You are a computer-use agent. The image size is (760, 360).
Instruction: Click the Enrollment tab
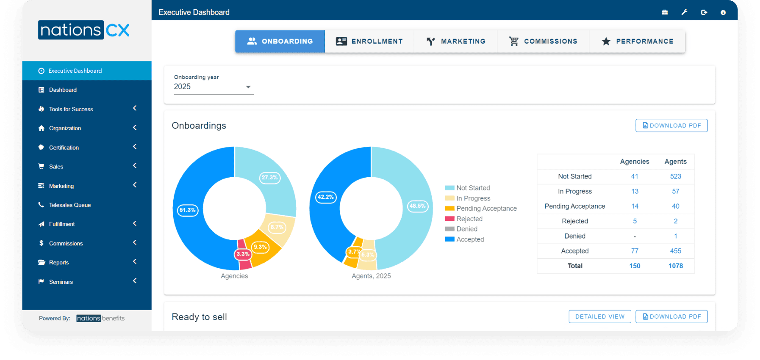(x=369, y=41)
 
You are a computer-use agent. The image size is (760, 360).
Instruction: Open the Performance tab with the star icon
(x=637, y=41)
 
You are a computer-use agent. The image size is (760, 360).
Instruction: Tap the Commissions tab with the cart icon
(x=543, y=41)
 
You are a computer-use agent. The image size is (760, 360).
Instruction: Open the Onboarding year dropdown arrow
(x=248, y=87)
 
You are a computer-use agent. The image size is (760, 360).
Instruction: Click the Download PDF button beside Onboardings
(x=671, y=126)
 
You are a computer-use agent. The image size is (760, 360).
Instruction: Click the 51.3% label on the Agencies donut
(x=187, y=210)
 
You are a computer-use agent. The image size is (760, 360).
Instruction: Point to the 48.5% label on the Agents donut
(x=417, y=206)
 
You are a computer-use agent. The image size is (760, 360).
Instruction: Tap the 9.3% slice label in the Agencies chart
(x=260, y=247)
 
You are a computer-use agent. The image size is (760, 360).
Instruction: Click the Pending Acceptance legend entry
(x=486, y=209)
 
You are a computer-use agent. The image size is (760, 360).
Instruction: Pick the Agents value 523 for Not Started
(x=675, y=176)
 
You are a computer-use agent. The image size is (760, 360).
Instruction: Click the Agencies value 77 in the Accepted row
(x=635, y=251)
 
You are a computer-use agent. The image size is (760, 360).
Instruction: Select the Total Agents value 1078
(x=675, y=266)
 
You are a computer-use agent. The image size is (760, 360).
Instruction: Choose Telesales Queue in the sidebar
(x=70, y=205)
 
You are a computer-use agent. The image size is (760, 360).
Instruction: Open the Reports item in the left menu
(x=59, y=263)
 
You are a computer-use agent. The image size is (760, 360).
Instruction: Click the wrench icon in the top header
(x=684, y=12)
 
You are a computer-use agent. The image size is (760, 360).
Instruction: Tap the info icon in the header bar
(x=723, y=13)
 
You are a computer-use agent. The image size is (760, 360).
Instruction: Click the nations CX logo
(x=84, y=30)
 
